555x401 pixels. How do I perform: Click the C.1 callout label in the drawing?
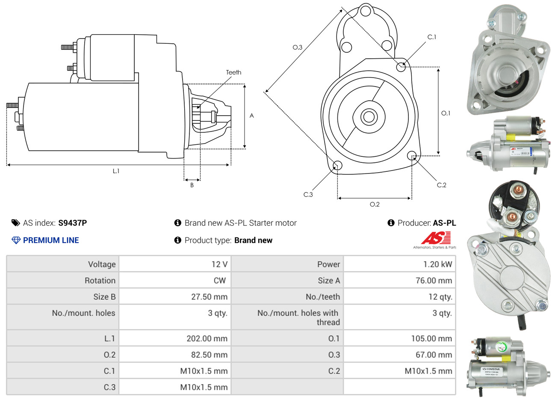(x=432, y=37)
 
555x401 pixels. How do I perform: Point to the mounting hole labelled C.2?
(x=412, y=156)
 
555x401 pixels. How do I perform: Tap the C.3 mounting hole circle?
(x=337, y=165)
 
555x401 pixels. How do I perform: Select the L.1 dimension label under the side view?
(x=116, y=171)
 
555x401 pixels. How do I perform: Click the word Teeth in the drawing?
(x=233, y=72)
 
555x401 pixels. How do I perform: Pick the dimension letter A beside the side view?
(x=252, y=116)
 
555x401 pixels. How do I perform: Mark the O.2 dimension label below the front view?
(x=375, y=204)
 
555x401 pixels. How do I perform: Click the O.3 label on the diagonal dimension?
(x=297, y=47)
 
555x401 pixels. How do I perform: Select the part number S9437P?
(x=72, y=223)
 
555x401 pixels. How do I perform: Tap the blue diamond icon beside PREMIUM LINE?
(x=16, y=240)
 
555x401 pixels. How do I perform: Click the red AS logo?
(x=436, y=238)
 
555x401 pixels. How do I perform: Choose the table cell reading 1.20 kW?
(x=437, y=264)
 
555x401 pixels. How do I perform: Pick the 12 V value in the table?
(x=219, y=264)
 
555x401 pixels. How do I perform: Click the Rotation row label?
(x=100, y=281)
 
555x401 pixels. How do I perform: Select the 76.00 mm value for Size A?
(x=434, y=281)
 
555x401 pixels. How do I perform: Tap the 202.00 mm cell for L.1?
(x=207, y=338)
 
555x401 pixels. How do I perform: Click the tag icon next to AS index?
(x=16, y=223)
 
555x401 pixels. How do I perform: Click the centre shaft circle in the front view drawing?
(x=368, y=116)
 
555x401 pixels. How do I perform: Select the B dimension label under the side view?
(x=192, y=185)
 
